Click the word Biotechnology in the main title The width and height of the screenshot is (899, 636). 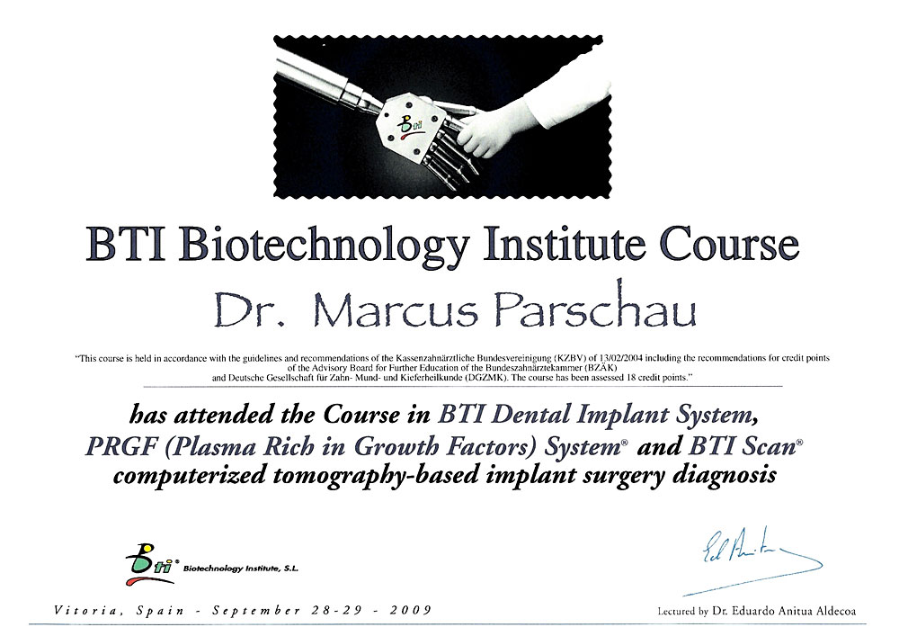(x=324, y=245)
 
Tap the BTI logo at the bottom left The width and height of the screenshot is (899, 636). (x=150, y=564)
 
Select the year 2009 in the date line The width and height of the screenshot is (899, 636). (x=411, y=610)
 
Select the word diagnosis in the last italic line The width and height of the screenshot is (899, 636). (x=724, y=476)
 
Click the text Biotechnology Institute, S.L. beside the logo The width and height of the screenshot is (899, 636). (x=240, y=569)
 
